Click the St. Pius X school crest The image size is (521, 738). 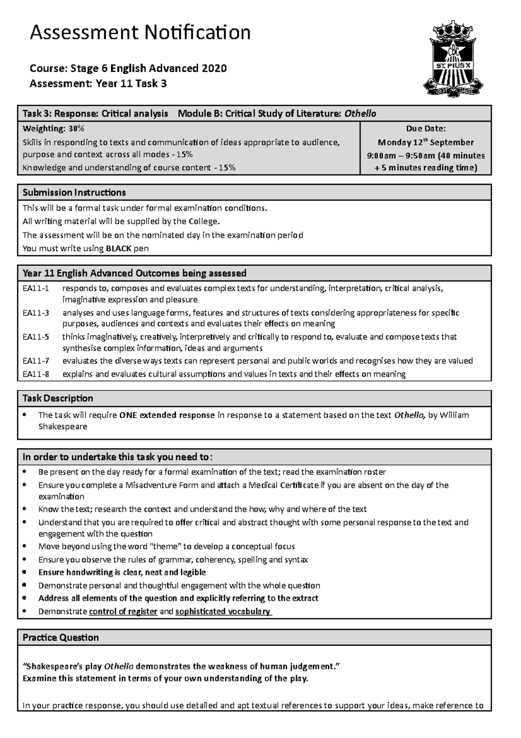coord(453,59)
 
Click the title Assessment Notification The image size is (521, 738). coord(140,33)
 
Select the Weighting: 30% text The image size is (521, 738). coord(53,129)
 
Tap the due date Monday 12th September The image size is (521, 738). coord(425,142)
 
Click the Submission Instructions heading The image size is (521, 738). coord(74,193)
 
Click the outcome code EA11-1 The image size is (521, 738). coord(36,288)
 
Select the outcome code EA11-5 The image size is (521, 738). coord(36,337)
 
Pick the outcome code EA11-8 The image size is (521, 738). coord(36,374)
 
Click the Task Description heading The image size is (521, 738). coord(58,399)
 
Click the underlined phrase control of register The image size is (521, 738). coord(123,612)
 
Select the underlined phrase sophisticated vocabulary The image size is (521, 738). coord(223,612)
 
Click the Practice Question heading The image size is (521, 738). coord(60,638)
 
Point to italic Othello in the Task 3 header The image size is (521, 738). coord(360,114)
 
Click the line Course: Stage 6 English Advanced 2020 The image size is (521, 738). coord(128,68)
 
